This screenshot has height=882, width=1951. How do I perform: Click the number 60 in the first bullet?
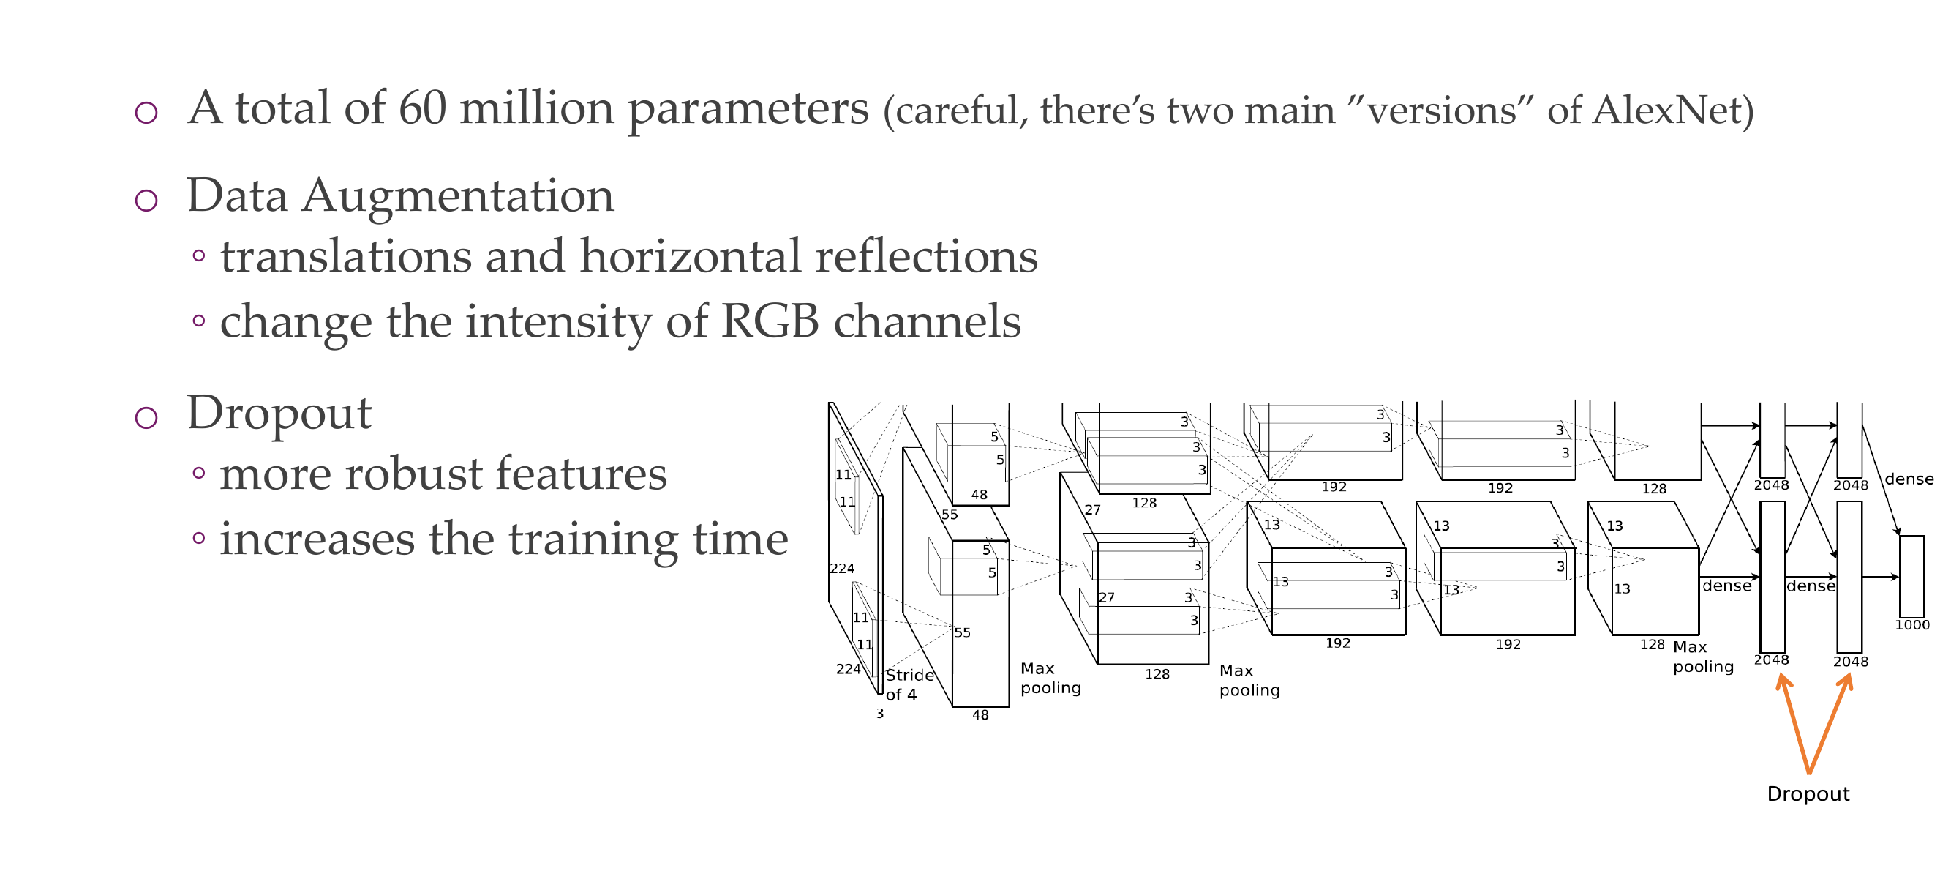click(x=423, y=108)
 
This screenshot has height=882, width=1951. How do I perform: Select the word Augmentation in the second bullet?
click(x=458, y=195)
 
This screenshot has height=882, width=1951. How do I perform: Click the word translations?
click(x=346, y=256)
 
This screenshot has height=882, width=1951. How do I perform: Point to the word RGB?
click(x=770, y=321)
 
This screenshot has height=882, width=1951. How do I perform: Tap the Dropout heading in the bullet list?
click(x=279, y=413)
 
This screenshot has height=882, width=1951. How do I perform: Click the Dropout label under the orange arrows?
click(x=1807, y=793)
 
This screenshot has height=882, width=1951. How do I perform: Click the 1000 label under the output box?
click(x=1911, y=625)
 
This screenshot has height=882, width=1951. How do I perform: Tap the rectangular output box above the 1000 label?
click(x=1911, y=576)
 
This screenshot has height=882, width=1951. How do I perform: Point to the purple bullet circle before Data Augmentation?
click(x=146, y=200)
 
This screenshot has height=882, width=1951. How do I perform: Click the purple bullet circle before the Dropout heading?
click(x=146, y=417)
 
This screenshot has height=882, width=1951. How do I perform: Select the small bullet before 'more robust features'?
click(x=199, y=474)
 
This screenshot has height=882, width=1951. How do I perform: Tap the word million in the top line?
click(x=536, y=108)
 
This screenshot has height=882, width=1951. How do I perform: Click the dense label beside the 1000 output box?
click(x=1908, y=479)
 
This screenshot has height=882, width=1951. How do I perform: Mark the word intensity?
click(x=557, y=321)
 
